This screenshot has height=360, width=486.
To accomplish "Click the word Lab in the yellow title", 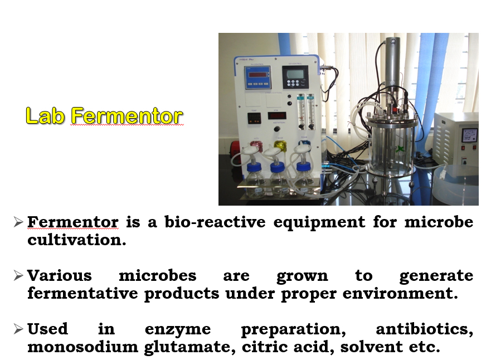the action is pyautogui.click(x=45, y=115).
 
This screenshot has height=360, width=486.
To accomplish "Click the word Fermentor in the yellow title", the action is pyautogui.click(x=127, y=115).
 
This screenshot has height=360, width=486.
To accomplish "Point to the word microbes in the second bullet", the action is pyautogui.click(x=158, y=275).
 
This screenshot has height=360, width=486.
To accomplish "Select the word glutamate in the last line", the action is pyautogui.click(x=187, y=347).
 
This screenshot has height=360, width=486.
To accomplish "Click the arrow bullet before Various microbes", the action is pyautogui.click(x=18, y=275).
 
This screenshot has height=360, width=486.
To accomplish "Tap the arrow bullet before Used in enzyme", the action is pyautogui.click(x=18, y=329).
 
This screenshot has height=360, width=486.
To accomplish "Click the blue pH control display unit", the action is pyautogui.click(x=257, y=77).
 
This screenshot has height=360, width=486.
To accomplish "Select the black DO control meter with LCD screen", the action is pyautogui.click(x=295, y=77).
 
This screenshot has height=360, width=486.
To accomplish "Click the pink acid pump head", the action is pyautogui.click(x=256, y=145).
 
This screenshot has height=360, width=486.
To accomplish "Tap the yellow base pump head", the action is pyautogui.click(x=280, y=145).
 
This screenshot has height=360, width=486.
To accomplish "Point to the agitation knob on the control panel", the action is pyautogui.click(x=277, y=129).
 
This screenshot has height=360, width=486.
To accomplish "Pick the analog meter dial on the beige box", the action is pyautogui.click(x=470, y=135).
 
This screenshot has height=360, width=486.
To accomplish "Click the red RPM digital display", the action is pyautogui.click(x=277, y=116).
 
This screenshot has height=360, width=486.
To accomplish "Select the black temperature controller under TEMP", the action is pyautogui.click(x=254, y=118).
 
